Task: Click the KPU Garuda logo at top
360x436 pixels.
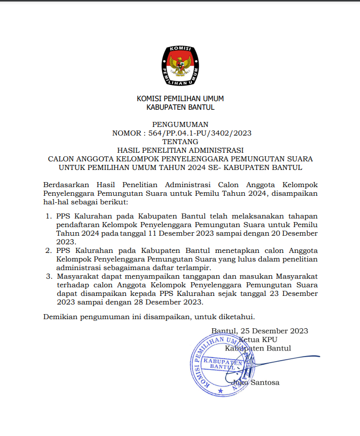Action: click(180, 65)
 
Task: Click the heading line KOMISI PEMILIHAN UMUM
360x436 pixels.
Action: click(180, 99)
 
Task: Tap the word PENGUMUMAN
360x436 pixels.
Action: click(180, 124)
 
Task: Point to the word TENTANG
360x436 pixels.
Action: click(180, 142)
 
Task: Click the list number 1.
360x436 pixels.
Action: click(49, 216)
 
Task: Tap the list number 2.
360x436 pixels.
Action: click(49, 250)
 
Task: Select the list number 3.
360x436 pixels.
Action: click(49, 277)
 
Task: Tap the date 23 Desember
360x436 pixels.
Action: click(290, 294)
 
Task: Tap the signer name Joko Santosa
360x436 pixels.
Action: click(255, 382)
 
